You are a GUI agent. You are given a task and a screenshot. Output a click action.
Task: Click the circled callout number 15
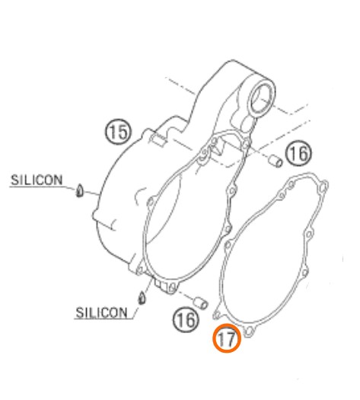click(118, 132)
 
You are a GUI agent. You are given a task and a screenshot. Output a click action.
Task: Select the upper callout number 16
click(298, 153)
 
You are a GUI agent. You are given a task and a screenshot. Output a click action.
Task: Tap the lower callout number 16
click(186, 319)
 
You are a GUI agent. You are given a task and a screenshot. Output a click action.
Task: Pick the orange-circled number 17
click(227, 338)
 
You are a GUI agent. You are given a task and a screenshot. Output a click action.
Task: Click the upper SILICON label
click(37, 180)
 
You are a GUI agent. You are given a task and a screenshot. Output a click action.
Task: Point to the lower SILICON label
click(102, 312)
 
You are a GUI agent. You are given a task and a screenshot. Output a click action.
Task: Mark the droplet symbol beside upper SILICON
click(80, 190)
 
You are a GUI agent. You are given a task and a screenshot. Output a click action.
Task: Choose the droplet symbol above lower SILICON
click(142, 297)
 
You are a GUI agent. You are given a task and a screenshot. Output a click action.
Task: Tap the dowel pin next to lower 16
click(200, 302)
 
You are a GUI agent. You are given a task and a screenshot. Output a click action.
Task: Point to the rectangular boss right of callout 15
click(158, 139)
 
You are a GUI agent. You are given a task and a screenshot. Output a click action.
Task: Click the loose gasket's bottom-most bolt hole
click(249, 331)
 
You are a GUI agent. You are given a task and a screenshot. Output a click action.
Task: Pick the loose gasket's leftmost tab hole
click(217, 315)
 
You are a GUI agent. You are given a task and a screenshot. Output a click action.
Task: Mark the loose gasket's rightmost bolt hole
click(323, 187)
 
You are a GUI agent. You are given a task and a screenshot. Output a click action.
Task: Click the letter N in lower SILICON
click(122, 312)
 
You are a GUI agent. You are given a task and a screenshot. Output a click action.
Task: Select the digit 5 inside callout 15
click(123, 132)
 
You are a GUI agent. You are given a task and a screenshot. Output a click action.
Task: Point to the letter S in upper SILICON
click(14, 180)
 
